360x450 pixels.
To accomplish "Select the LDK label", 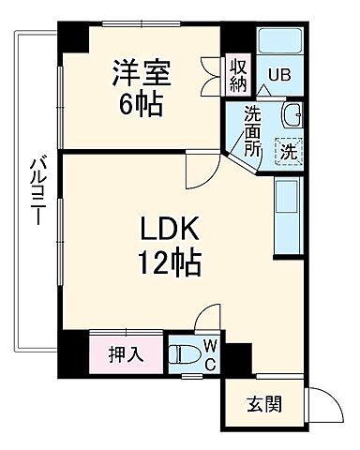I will (x=168, y=229).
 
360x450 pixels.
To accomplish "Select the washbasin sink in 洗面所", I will (x=291, y=117).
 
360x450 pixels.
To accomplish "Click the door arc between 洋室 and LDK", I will (x=200, y=168).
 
